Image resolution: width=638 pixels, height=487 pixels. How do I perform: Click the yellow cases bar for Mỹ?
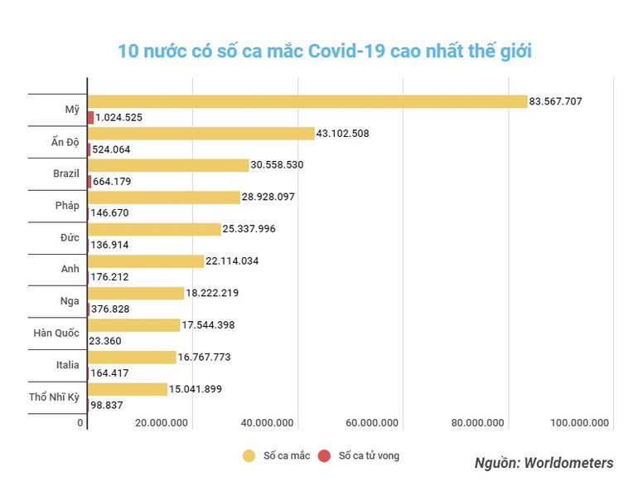[307, 101]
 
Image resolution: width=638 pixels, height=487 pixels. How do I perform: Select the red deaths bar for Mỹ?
[90, 118]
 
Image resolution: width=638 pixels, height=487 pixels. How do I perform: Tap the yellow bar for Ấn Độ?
[201, 134]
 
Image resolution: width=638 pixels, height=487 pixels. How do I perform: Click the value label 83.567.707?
[556, 101]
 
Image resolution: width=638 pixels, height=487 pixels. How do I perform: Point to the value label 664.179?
[113, 181]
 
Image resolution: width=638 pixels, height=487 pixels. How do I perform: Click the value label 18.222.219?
[215, 293]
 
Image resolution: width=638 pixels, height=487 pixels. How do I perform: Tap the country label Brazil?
[65, 173]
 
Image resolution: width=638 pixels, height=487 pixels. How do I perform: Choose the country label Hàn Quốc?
[56, 334]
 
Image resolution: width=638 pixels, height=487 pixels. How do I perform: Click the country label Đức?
[70, 237]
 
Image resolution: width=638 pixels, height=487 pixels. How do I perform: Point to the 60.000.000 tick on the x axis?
[372, 423]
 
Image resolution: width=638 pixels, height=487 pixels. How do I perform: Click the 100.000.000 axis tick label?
[579, 423]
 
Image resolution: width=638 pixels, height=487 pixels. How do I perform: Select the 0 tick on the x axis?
[81, 423]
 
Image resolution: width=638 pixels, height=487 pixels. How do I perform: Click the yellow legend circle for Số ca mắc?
[249, 455]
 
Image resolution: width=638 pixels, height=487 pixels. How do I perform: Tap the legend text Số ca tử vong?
[368, 455]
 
